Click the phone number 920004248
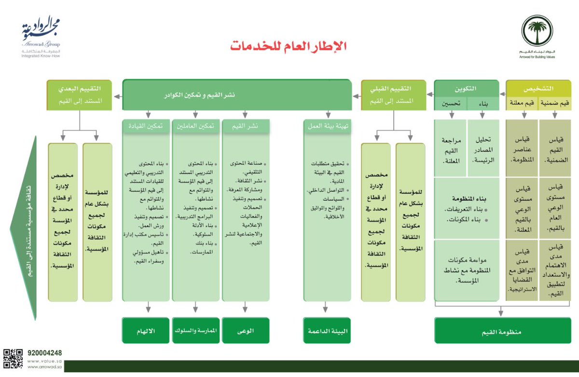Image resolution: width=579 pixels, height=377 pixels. click(45, 353)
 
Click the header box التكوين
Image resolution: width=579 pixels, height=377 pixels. click(466, 89)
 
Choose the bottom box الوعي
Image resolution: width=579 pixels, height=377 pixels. click(245, 332)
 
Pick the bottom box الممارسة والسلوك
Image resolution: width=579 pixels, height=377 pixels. click(195, 332)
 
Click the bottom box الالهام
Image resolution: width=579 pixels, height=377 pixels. click(146, 332)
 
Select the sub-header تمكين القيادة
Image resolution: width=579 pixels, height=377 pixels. click(146, 126)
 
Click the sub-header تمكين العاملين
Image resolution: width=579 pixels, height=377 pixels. click(195, 126)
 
